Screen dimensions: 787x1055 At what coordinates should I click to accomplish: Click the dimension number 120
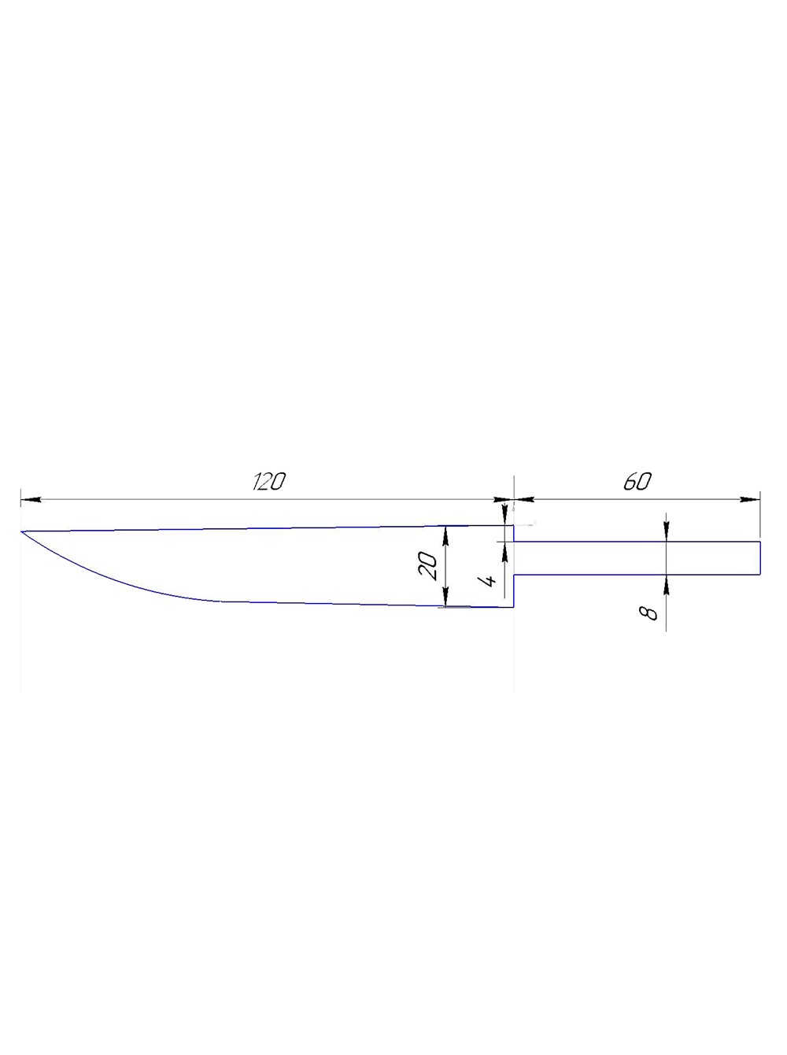tap(269, 481)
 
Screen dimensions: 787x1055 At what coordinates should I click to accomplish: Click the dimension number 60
tap(637, 481)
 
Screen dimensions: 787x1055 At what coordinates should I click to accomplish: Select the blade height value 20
tap(427, 566)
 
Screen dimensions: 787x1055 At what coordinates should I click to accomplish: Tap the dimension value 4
tap(489, 581)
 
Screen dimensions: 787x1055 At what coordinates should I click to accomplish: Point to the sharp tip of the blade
tap(21, 531)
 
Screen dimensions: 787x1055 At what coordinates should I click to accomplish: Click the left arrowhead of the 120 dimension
tap(31, 500)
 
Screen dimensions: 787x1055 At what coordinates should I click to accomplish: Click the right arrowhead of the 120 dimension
tap(504, 500)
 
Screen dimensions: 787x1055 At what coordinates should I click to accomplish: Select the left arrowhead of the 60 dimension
tap(524, 500)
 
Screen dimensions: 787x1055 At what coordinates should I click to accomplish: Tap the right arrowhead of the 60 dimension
tap(750, 500)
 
